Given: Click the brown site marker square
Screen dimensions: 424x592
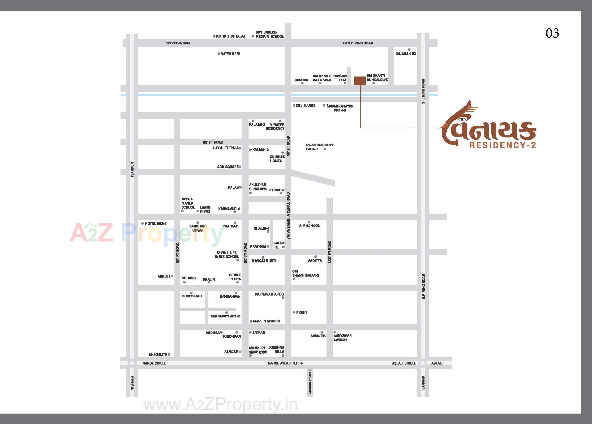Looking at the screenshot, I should (360, 81).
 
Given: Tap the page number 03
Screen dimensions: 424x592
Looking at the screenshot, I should (552, 33).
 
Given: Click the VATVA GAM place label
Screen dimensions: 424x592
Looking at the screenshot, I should (230, 54).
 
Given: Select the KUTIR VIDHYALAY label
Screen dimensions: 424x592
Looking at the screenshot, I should (231, 36).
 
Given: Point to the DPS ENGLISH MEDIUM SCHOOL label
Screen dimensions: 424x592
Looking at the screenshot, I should (269, 34).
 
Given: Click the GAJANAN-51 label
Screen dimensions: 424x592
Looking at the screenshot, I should (405, 54).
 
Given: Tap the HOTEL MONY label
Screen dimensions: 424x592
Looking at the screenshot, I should (156, 224).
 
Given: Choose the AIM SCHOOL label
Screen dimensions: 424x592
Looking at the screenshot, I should (309, 226).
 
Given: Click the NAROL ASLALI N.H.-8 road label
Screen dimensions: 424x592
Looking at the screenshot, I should (285, 363).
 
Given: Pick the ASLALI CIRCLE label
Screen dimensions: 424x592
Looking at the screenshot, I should (404, 363).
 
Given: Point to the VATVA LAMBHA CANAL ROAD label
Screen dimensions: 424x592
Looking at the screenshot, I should (288, 216).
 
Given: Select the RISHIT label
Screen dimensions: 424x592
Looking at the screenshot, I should (302, 312).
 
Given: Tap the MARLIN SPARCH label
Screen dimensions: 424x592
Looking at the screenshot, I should (266, 321).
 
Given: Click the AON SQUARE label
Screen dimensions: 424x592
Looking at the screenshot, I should (228, 167).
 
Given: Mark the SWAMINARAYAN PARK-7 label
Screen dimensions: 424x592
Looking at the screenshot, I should (319, 147).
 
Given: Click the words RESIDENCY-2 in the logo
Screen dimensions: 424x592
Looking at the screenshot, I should (503, 145).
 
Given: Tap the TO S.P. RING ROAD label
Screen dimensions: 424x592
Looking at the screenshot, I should (357, 43).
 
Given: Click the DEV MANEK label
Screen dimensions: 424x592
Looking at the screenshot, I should (306, 106).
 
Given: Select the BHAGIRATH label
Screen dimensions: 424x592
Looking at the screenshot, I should (158, 355).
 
